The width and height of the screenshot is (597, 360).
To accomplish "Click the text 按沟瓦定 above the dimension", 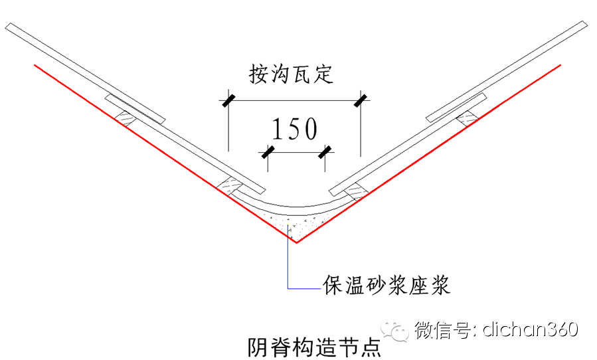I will (x=291, y=74).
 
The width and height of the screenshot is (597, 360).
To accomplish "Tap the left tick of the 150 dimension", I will (x=268, y=153).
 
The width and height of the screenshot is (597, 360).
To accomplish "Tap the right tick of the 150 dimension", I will (x=325, y=153).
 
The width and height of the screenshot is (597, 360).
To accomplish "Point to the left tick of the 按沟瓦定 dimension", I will (x=227, y=101).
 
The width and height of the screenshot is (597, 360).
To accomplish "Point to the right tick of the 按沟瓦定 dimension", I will (x=361, y=101).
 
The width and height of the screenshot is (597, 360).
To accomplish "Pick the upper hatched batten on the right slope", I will (x=468, y=118).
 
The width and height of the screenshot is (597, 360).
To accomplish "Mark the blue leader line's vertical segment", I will (x=288, y=259).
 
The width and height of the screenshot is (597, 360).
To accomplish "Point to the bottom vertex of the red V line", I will (x=296, y=242).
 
